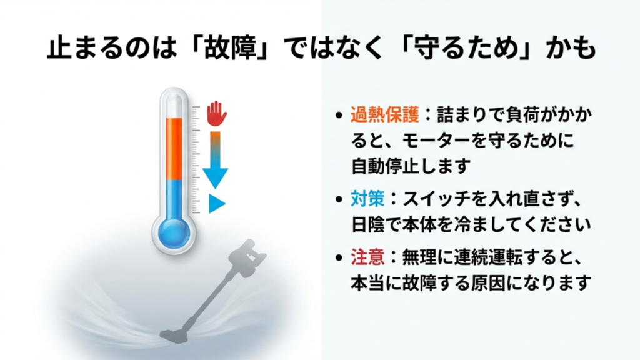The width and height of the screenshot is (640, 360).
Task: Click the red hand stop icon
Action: (x=216, y=112)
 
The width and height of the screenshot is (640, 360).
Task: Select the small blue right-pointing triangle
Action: (x=216, y=203)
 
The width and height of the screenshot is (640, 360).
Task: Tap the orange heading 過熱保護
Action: (x=381, y=115)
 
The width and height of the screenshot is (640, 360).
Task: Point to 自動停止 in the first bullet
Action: (x=381, y=166)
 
